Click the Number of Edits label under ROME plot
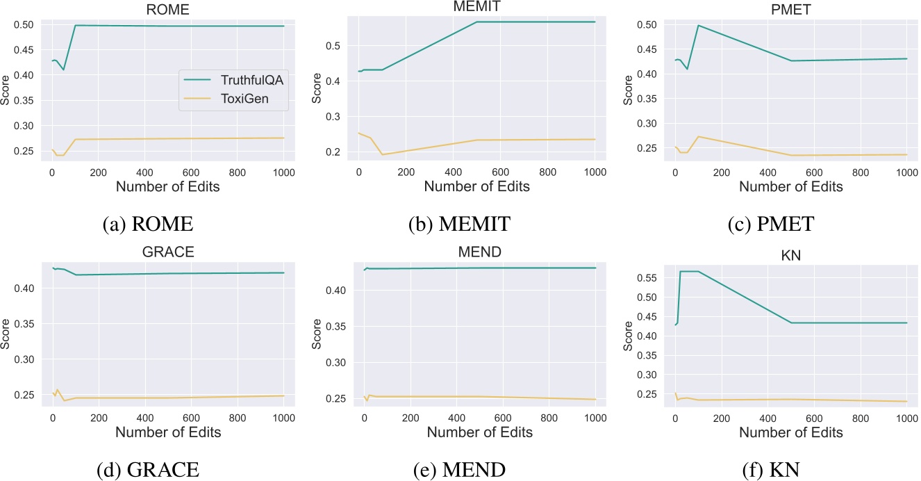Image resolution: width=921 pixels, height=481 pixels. pos(167,186)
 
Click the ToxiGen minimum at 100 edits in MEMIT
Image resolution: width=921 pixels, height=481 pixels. pos(382,154)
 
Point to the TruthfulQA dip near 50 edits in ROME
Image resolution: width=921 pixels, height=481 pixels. pos(63,70)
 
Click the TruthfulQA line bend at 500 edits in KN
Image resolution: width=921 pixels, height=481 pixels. pos(790,323)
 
